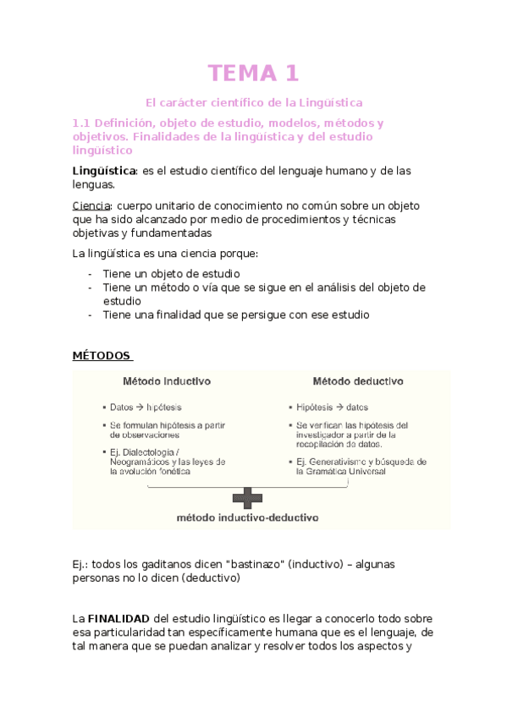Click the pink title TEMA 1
[254, 74]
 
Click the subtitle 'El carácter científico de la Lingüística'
[254, 104]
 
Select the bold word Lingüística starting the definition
[105, 171]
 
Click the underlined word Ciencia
[91, 205]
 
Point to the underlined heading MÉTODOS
[102, 355]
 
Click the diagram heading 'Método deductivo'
[357, 381]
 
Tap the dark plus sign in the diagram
[247, 496]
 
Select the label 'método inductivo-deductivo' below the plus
[247, 516]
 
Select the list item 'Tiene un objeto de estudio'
[171, 274]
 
